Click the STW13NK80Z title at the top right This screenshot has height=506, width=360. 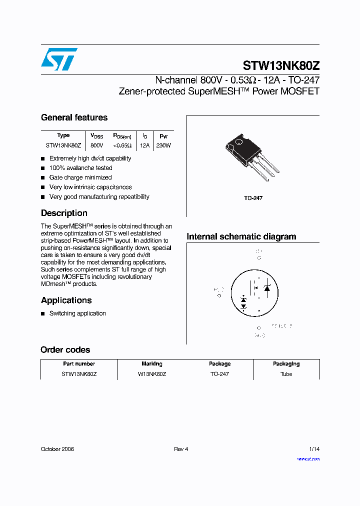281,66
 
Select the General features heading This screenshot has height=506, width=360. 74,118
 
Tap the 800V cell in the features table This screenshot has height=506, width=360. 97,145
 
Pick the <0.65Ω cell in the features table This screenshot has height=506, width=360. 122,145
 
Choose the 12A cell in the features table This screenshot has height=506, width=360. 145,145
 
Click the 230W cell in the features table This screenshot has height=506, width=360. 163,145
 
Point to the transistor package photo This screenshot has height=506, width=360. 248,155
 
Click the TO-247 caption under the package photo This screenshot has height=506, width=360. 253,198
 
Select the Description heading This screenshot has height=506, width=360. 64,213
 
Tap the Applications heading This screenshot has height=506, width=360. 66,300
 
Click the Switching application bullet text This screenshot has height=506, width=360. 77,313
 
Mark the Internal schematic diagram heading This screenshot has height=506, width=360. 241,237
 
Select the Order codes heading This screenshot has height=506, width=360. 65,350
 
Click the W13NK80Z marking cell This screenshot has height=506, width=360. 152,374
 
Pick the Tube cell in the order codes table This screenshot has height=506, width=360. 286,374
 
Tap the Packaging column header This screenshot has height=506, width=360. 286,364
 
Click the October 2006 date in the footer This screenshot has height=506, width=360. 57,449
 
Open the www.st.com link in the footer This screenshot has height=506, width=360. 308,459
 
